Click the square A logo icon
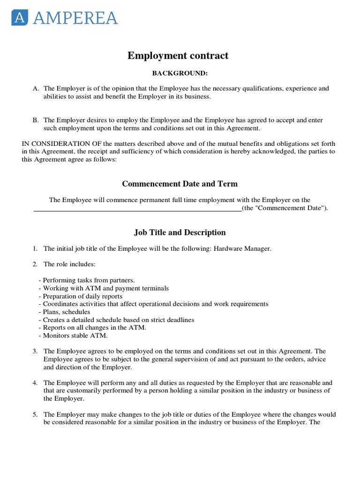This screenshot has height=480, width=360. coord(20,18)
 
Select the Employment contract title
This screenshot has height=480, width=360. coord(178,56)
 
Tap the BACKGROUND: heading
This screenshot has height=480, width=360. coord(180,74)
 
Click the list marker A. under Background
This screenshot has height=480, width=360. coord(36,89)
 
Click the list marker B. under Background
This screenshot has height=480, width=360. coord(36,120)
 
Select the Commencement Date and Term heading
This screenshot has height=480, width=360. coord(180,184)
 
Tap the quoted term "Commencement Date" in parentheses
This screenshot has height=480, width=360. coord(287,208)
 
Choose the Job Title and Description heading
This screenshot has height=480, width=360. coord(180,232)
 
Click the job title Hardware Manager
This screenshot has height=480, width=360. coord(242,249)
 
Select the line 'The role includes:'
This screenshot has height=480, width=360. coord(69,264)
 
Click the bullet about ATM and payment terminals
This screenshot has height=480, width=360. coord(104,288)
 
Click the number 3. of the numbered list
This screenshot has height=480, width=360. coord(35,351)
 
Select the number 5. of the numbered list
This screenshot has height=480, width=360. coord(35,415)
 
